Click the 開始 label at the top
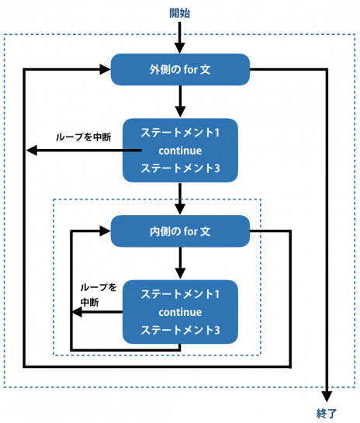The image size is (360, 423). click(x=180, y=12)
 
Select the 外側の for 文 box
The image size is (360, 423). click(x=180, y=69)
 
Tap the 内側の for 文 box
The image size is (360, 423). click(x=180, y=231)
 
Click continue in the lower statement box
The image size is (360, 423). click(x=180, y=312)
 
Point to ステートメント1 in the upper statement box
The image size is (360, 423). click(x=180, y=133)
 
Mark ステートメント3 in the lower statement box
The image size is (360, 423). click(x=180, y=330)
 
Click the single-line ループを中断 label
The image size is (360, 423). click(x=83, y=137)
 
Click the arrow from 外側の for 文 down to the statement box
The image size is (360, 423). click(x=180, y=100)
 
